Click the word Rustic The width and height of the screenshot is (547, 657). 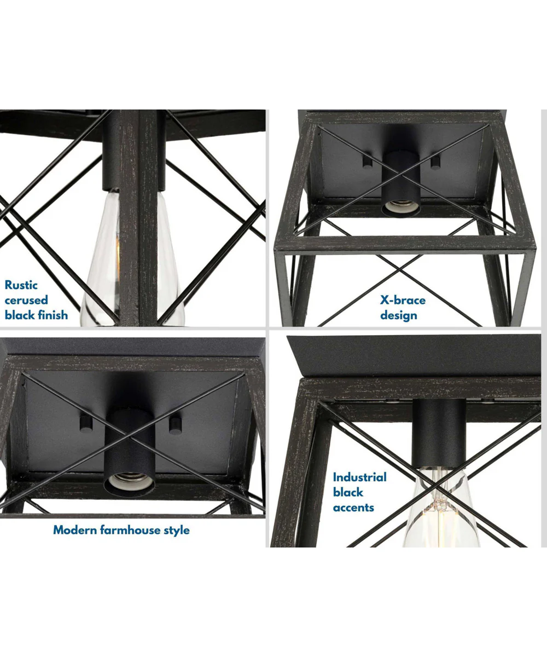(x=21, y=285)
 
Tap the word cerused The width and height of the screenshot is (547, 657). (x=26, y=300)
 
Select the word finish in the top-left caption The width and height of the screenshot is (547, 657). (x=53, y=315)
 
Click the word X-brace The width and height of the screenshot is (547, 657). (x=403, y=300)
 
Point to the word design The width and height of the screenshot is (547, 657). (x=399, y=315)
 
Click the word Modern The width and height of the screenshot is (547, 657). (x=75, y=530)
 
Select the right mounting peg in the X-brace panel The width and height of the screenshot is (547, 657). (x=435, y=162)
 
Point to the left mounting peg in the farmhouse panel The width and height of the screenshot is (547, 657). (x=86, y=423)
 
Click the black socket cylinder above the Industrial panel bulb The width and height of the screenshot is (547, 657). (x=439, y=435)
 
